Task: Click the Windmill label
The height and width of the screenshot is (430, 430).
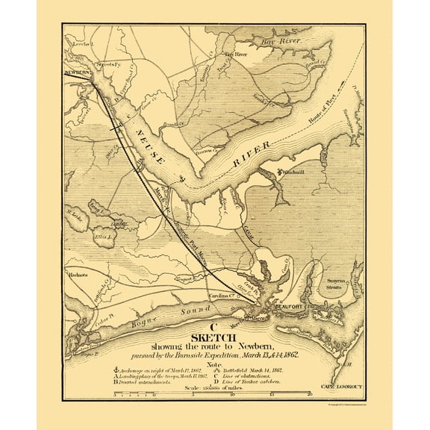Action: point(283,171)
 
